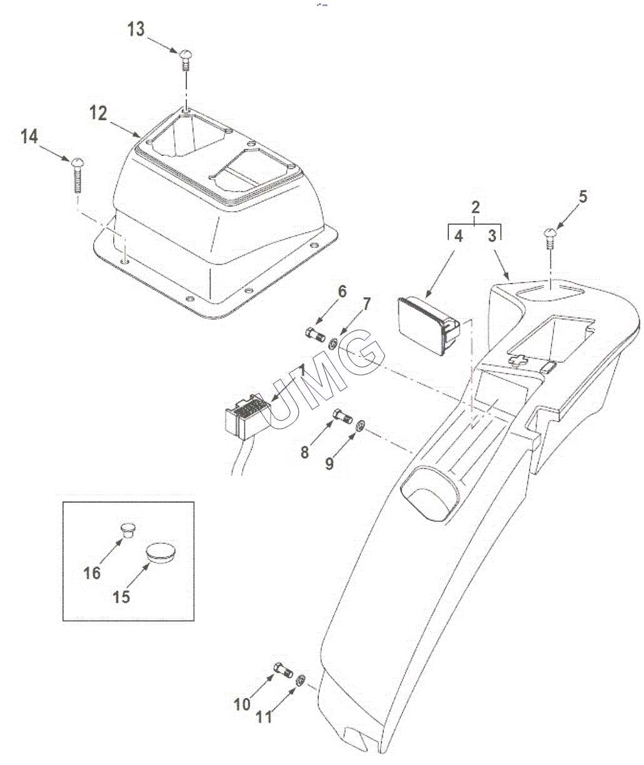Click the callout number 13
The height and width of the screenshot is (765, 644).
(136, 29)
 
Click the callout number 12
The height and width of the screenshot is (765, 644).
(98, 113)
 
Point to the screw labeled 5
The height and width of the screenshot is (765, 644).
(550, 239)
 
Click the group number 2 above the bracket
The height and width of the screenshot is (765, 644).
(475, 207)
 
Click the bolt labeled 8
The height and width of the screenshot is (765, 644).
(341, 414)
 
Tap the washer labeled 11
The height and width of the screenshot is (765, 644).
(300, 680)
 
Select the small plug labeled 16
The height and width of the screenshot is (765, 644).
(128, 529)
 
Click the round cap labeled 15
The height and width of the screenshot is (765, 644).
(161, 553)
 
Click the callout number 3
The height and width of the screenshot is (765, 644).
(492, 237)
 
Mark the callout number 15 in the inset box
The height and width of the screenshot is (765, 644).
(121, 597)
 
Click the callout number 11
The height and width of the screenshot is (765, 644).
(264, 717)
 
